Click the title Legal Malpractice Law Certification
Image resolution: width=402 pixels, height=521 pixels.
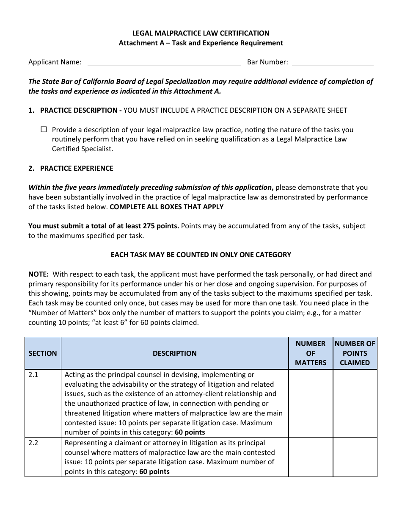tap(201, 33)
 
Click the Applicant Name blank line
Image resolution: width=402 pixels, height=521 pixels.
tap(164, 63)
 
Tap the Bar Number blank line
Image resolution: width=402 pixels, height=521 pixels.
tap(333, 63)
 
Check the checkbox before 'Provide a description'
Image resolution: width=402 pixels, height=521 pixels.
tap(44, 130)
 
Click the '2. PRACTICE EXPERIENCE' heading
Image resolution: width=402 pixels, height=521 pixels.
tap(71, 168)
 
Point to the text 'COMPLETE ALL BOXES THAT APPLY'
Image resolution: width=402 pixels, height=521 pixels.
tap(166, 207)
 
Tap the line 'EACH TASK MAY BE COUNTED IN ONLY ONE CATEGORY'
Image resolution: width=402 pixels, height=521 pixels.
tap(201, 255)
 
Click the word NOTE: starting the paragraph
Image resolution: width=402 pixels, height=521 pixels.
tap(39, 274)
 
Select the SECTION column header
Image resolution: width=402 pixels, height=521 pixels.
tap(43, 353)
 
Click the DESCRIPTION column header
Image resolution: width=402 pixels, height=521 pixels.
tap(174, 353)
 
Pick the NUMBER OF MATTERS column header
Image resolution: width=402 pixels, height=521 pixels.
tap(311, 353)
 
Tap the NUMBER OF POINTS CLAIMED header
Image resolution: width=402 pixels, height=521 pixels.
tap(355, 353)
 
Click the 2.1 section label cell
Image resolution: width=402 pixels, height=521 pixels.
tap(43, 403)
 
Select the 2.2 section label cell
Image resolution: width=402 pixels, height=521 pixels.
tap(43, 457)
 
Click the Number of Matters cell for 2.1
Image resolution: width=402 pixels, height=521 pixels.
tap(311, 403)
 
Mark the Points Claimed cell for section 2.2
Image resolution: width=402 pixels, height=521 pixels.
tap(355, 457)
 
